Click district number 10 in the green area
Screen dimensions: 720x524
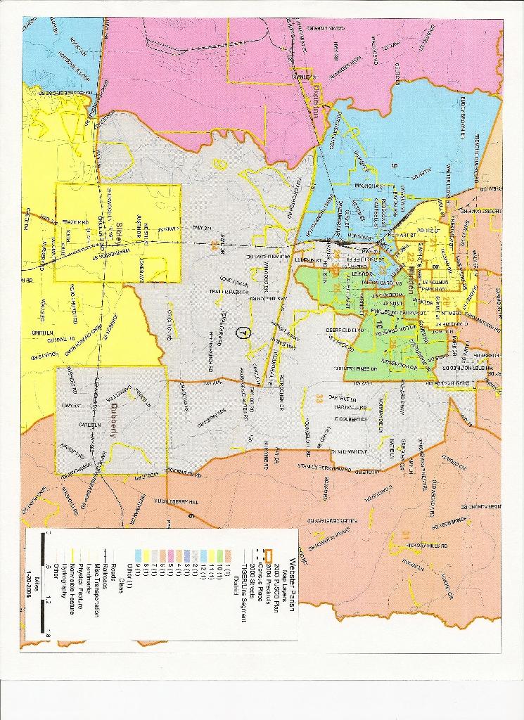pyautogui.click(x=380, y=324)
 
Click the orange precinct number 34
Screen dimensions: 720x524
pyautogui.click(x=213, y=245)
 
